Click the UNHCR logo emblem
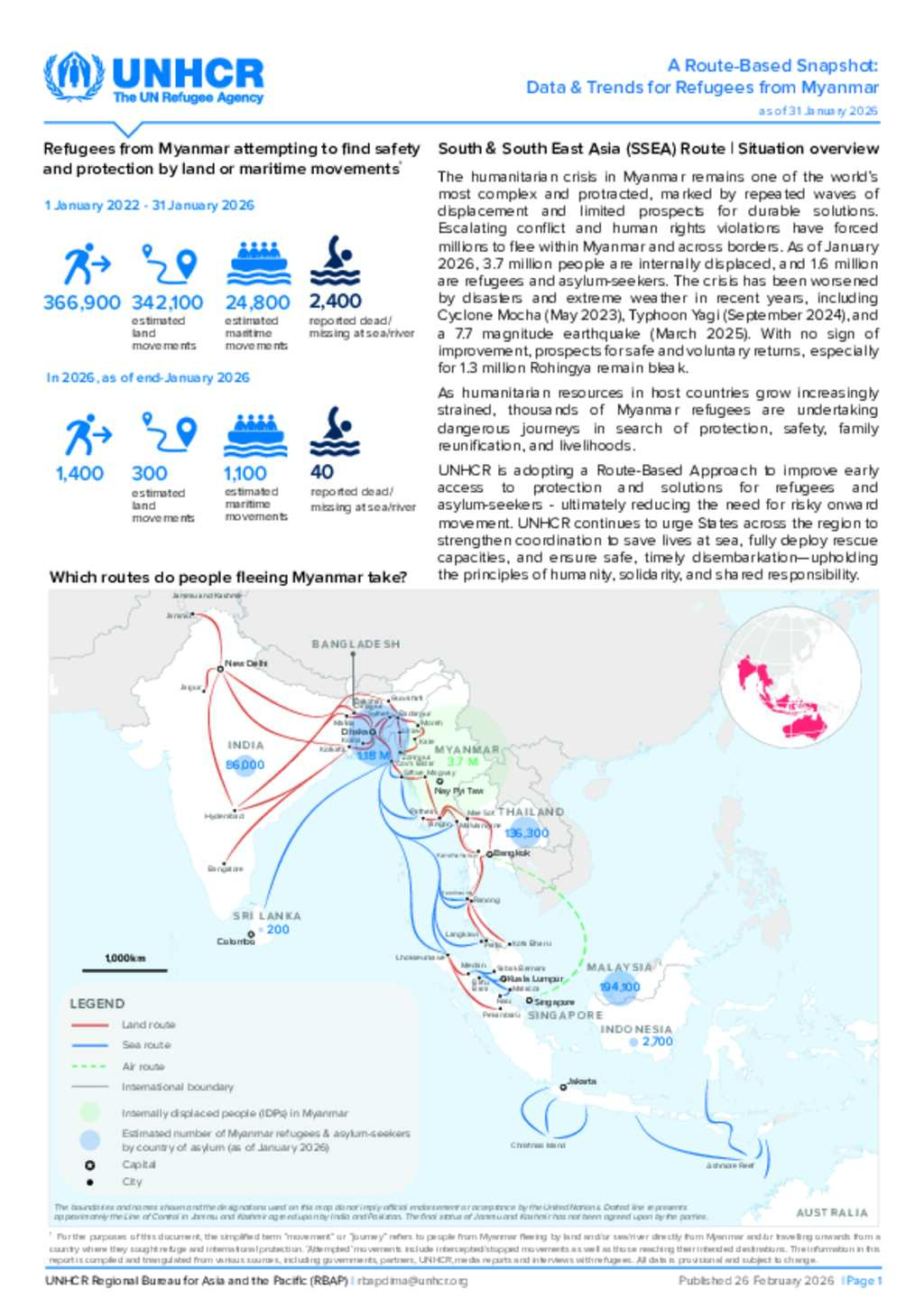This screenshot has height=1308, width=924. coord(74,78)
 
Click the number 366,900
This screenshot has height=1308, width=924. coord(81,302)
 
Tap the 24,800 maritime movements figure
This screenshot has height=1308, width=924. coord(257,302)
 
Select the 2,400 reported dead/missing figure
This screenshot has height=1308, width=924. coord(335,301)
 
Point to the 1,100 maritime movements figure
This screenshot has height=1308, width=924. coord(245,473)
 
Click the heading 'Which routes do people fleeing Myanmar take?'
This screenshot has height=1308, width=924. coord(228,577)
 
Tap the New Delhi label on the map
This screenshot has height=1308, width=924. coord(245,663)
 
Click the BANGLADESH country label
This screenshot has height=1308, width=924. coord(356,645)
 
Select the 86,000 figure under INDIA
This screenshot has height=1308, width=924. coord(245,765)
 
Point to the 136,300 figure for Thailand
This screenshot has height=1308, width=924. coord(526,833)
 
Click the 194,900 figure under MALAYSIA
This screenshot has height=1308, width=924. coord(620,987)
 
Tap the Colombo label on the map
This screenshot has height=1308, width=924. coord(236,942)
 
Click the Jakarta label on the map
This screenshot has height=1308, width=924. coord(581,1081)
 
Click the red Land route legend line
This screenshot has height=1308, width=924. coord(89,1025)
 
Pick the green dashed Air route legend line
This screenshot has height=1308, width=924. coord(89,1066)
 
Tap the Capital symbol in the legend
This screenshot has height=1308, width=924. coord(89,1165)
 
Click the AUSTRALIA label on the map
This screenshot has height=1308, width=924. coord(831,1212)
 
